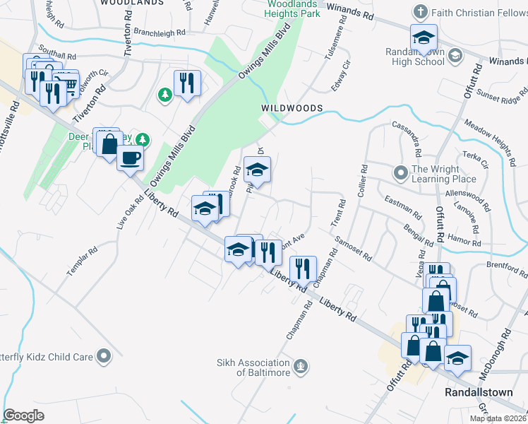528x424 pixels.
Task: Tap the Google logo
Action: click(23, 415)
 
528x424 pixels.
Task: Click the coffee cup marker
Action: click(129, 158)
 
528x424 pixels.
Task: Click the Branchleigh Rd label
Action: click(159, 33)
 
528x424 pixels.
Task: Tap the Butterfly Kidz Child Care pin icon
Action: click(105, 356)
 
